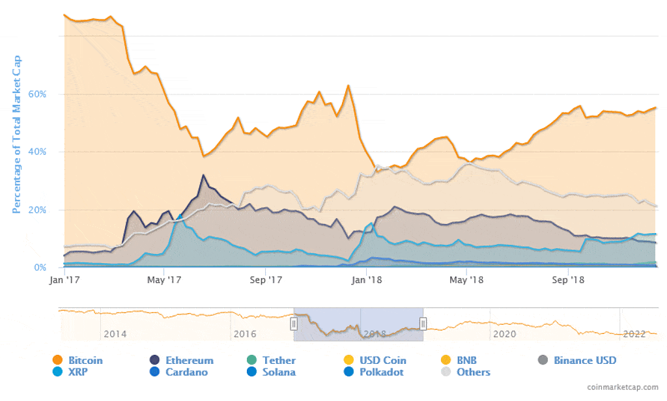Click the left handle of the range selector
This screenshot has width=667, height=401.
pyautogui.click(x=294, y=324)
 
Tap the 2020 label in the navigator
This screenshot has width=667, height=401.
pyautogui.click(x=504, y=334)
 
